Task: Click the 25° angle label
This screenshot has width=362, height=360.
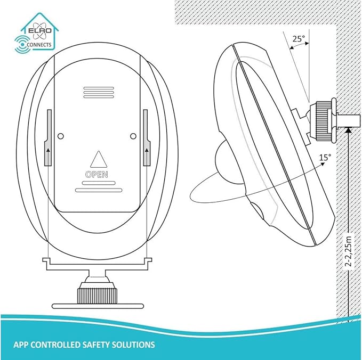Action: [x=299, y=39]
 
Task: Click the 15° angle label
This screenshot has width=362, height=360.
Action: [x=325, y=158]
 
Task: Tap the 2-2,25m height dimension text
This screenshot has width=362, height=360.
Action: [x=349, y=251]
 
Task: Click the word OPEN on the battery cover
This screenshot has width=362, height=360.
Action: [x=96, y=175]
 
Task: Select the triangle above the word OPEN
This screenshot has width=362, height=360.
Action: [x=99, y=159]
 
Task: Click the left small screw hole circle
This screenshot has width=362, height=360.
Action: [x=60, y=136]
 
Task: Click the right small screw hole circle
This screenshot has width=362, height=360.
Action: [x=133, y=136]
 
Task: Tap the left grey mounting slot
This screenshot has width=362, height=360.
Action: [x=49, y=138]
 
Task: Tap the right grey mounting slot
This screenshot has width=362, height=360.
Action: [x=147, y=138]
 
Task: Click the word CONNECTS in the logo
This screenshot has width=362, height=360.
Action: [x=39, y=45]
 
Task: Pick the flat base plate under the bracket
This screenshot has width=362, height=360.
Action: [x=98, y=306]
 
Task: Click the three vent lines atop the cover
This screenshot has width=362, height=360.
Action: [x=99, y=93]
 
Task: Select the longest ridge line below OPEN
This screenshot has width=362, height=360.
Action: [x=99, y=190]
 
